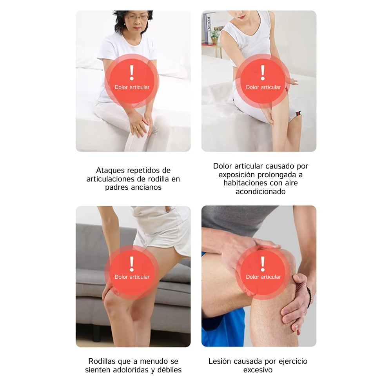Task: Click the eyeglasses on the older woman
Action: pos(137,17)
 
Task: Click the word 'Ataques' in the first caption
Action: pos(110,171)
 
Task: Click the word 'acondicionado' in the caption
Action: pos(261,192)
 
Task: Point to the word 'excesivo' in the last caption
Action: pos(258,370)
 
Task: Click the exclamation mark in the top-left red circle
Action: pos(132,73)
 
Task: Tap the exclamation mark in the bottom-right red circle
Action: pos(263,264)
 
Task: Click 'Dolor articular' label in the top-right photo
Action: pos(263,87)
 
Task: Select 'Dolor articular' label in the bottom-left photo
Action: pos(132,277)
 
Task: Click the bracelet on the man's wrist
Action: pos(309,296)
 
